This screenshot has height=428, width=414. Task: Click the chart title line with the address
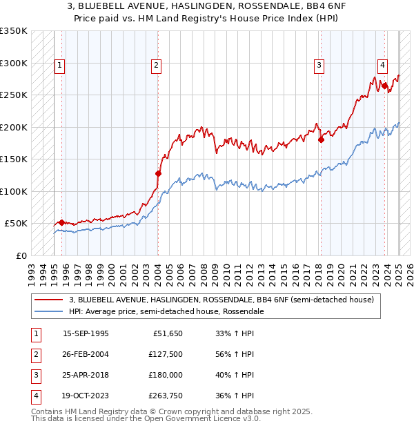[207, 8]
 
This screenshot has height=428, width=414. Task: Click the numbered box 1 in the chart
[60, 66]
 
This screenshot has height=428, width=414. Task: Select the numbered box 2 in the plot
[157, 66]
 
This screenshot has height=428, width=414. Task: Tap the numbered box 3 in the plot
[319, 66]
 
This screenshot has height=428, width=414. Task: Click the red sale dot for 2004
[158, 174]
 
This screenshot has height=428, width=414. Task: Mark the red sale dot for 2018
[321, 140]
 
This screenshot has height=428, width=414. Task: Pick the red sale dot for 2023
[384, 86]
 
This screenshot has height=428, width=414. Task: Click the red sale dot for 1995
[62, 222]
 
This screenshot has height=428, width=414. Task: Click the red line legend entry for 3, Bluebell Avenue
[221, 300]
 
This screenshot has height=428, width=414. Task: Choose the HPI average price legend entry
[166, 311]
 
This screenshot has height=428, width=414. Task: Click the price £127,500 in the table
[166, 355]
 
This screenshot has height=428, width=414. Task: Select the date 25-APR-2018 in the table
[86, 376]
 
